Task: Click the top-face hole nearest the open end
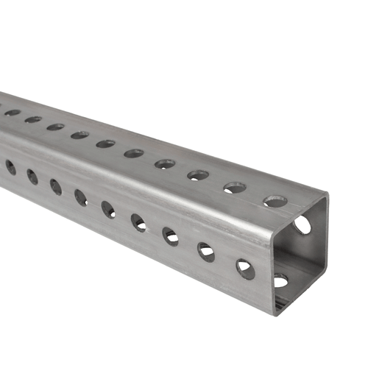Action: [x=275, y=201]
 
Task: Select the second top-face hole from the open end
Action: [x=235, y=188]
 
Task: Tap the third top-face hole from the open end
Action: [x=198, y=176]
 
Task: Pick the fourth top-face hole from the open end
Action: [x=164, y=164]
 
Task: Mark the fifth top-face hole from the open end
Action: [x=133, y=154]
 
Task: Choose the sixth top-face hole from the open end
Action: [x=105, y=144]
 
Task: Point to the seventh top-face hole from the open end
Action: [x=79, y=135]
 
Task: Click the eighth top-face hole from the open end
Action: [x=56, y=127]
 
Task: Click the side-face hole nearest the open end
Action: [x=245, y=269]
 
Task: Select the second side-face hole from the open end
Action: [x=206, y=252]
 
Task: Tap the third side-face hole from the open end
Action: [x=171, y=236]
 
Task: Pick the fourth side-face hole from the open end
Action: [x=138, y=222]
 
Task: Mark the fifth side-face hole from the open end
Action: [x=108, y=210]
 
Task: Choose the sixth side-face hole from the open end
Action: [x=81, y=198]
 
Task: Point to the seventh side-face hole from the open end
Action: [x=56, y=187]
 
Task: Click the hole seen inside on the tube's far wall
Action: [x=302, y=224]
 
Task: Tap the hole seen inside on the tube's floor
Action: [x=281, y=280]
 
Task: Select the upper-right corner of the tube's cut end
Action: [x=328, y=196]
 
